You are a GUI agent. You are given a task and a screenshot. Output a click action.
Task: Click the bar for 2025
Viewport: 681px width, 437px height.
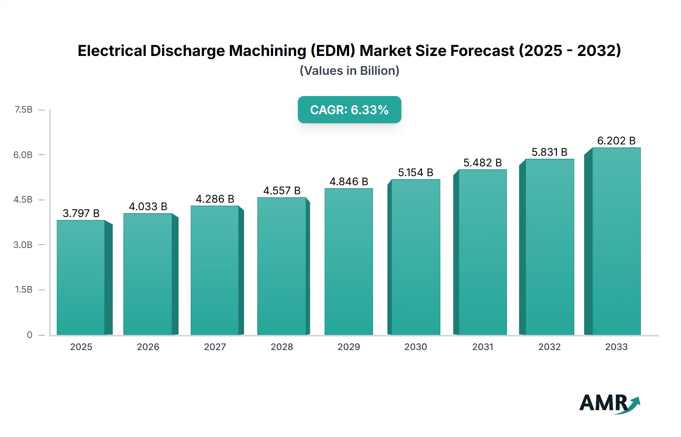(x=81, y=278)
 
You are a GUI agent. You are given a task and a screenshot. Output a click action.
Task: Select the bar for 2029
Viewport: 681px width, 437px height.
(x=348, y=262)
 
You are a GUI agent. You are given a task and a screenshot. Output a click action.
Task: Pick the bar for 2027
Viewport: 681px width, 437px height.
(x=215, y=270)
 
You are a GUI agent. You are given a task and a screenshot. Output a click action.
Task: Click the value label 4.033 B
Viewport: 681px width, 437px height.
(x=148, y=206)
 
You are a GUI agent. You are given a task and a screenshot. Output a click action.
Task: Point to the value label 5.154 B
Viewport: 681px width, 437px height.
(x=415, y=172)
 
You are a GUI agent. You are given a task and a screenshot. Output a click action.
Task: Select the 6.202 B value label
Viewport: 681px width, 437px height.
(x=616, y=141)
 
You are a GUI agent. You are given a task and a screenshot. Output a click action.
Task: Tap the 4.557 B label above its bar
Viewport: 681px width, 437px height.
(x=282, y=191)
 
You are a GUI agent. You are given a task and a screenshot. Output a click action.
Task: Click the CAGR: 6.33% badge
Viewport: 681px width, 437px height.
(x=349, y=110)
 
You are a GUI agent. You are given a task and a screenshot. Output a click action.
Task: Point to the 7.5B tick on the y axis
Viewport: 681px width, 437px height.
(x=23, y=110)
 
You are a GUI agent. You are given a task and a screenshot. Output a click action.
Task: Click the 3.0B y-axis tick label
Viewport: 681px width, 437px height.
(x=23, y=245)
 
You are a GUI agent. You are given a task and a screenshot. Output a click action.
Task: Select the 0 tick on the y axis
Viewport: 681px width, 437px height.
(x=30, y=335)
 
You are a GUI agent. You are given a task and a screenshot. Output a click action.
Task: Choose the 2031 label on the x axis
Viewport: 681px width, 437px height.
(x=482, y=347)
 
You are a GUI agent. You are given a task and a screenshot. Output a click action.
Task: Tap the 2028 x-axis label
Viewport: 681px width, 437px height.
(x=282, y=347)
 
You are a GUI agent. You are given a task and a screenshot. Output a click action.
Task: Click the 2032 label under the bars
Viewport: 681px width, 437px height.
(x=549, y=347)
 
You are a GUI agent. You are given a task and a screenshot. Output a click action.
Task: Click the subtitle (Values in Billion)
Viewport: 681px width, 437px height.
(x=349, y=71)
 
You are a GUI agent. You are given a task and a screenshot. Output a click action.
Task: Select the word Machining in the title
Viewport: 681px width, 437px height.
(x=268, y=51)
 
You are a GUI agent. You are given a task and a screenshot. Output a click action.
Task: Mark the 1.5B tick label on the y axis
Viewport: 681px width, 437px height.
(x=23, y=290)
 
